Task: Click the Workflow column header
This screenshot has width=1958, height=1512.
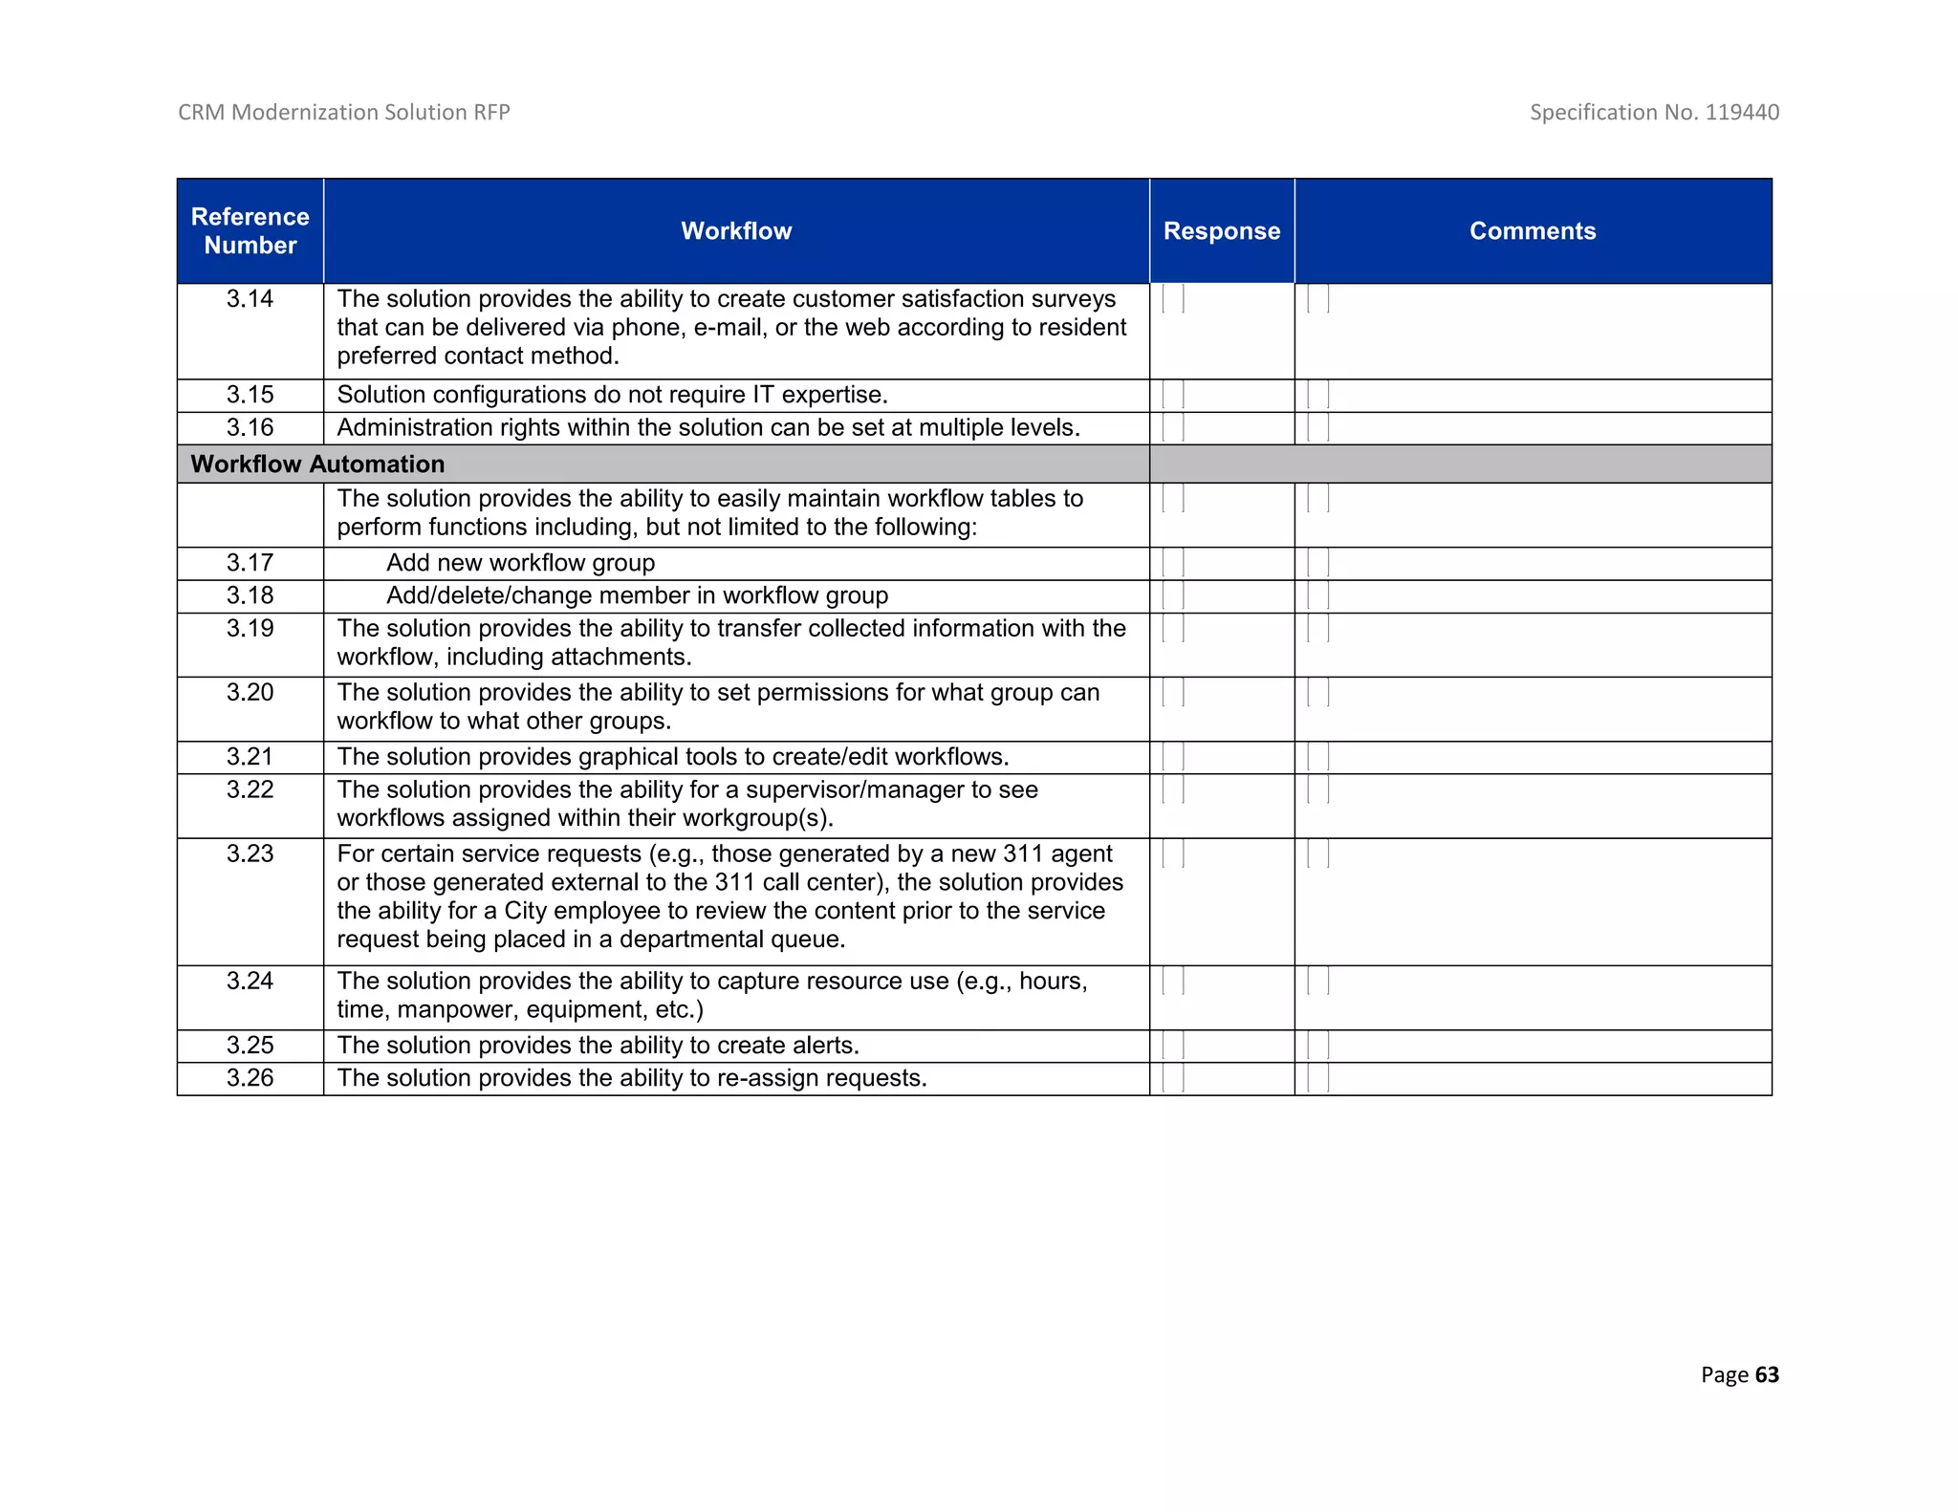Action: tap(736, 231)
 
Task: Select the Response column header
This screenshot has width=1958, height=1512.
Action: tap(1221, 231)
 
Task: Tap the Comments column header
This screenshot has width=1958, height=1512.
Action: tap(1533, 231)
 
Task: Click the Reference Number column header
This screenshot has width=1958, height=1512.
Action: tap(250, 231)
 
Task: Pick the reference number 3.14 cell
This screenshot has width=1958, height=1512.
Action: tap(250, 299)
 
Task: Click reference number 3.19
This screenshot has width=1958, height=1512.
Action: tap(250, 629)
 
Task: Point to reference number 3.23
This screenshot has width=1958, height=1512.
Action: tap(250, 853)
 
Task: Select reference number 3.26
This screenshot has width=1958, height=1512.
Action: tap(250, 1078)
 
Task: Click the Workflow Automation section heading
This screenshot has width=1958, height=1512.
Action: tap(318, 464)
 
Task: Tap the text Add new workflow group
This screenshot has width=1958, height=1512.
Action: tap(521, 563)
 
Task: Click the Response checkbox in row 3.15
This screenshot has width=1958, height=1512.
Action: tap(1173, 395)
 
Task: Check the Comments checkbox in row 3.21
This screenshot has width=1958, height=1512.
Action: tap(1318, 757)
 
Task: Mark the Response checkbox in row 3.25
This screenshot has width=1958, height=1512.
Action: tap(1173, 1046)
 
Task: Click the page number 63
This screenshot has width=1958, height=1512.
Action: tap(1767, 1374)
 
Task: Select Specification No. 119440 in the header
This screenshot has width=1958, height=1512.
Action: tap(1654, 113)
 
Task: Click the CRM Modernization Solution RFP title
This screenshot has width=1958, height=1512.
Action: tap(344, 113)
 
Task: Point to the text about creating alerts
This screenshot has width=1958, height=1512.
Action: tap(598, 1046)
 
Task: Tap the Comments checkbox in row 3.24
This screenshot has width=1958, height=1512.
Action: tap(1318, 982)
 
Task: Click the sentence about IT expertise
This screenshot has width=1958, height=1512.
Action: tap(613, 395)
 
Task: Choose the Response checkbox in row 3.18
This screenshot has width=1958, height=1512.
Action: tap(1173, 595)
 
